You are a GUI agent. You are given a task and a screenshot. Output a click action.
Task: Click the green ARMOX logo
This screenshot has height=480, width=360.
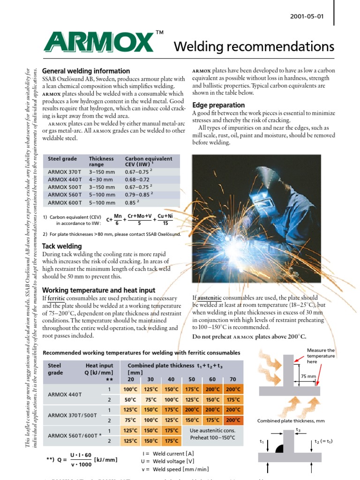pyautogui.click(x=100, y=42)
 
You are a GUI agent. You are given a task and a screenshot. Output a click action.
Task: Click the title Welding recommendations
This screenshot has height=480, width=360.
pyautogui.click(x=254, y=47)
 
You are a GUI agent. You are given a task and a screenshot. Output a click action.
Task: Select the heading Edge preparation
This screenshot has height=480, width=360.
pyautogui.click(x=218, y=105)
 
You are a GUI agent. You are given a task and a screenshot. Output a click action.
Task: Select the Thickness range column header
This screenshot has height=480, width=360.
pyautogui.click(x=102, y=162)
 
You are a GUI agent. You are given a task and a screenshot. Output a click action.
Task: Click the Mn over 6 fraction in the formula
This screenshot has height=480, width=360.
pyautogui.click(x=118, y=219)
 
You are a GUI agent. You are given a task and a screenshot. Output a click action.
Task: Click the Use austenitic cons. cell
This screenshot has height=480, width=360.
pyautogui.click(x=212, y=430)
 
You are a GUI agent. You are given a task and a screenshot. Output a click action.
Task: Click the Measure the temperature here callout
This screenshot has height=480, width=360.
pyautogui.click(x=321, y=356)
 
